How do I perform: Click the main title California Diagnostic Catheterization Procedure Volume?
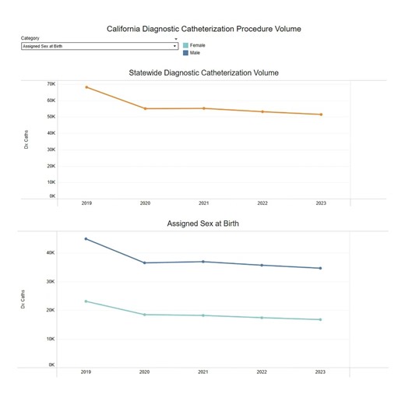(203, 29)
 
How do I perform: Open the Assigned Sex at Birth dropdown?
(99, 46)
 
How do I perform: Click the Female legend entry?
(197, 46)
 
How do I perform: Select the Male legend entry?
(195, 53)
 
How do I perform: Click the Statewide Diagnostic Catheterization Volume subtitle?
(203, 72)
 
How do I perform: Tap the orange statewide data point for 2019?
(86, 86)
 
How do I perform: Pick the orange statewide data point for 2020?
(145, 108)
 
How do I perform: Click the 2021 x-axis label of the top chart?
(203, 203)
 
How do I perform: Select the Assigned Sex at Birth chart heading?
(203, 224)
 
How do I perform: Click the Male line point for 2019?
(86, 238)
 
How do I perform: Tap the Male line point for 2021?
(203, 262)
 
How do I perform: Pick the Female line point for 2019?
(86, 301)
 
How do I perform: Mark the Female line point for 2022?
(262, 318)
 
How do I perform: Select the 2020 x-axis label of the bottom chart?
(145, 372)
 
